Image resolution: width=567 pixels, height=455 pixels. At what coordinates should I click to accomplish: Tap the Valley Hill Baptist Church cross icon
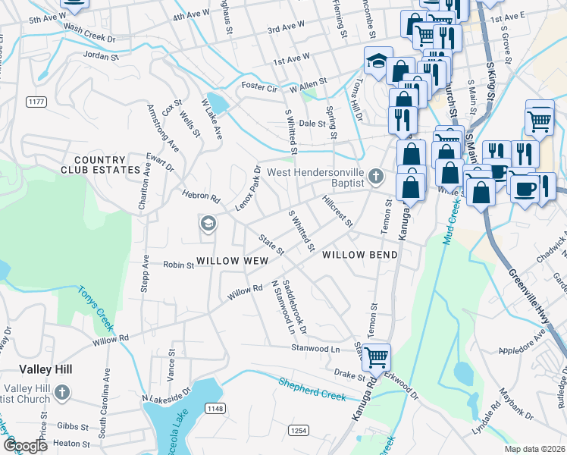62,392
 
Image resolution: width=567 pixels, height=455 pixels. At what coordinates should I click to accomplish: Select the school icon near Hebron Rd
208,224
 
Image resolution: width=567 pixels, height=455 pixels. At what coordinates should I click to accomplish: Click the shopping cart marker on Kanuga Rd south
376,356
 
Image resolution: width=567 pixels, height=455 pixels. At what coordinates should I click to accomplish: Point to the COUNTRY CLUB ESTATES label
99,165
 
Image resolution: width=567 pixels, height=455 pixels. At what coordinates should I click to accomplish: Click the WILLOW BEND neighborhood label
360,255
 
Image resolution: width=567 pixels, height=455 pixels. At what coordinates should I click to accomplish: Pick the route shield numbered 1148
215,409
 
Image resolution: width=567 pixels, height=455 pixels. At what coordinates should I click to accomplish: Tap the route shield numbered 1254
298,430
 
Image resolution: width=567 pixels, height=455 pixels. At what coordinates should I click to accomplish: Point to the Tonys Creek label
96,311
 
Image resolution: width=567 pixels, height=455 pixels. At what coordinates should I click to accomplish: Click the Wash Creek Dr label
89,37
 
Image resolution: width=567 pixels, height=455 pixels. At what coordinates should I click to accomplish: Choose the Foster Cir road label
257,86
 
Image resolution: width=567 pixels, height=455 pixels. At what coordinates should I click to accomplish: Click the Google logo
26,446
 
